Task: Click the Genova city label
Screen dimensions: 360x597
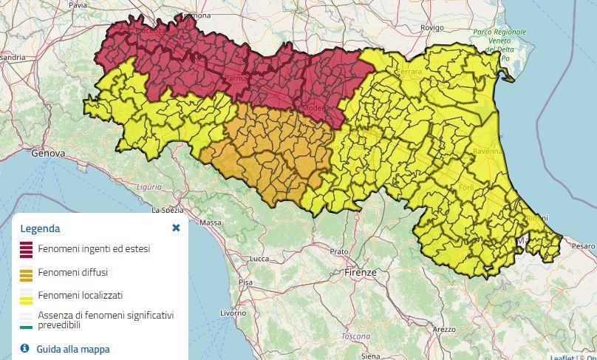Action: point(48,153)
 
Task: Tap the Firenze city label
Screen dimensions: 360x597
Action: point(360,273)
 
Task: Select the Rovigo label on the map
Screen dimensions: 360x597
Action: point(431,27)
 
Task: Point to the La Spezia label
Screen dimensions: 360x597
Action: point(167,210)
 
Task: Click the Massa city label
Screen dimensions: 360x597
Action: point(211,223)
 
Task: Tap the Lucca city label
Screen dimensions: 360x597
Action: point(259,259)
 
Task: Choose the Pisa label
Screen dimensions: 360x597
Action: point(245,282)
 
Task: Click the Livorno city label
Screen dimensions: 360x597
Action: point(233,313)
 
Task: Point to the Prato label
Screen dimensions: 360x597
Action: point(339,252)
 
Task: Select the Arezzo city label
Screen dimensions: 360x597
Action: point(444,329)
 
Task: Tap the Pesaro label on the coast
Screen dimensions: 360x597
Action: point(583,245)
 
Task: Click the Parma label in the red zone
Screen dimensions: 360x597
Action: point(234,78)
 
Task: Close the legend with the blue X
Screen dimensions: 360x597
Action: point(176,228)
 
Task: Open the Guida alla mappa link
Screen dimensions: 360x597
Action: point(72,349)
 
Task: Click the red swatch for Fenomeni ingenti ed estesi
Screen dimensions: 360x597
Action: point(26,250)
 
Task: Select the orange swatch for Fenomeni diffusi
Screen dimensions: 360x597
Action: point(26,274)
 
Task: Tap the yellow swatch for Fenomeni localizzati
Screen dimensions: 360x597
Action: point(26,296)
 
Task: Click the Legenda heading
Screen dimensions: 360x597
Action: point(40,228)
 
